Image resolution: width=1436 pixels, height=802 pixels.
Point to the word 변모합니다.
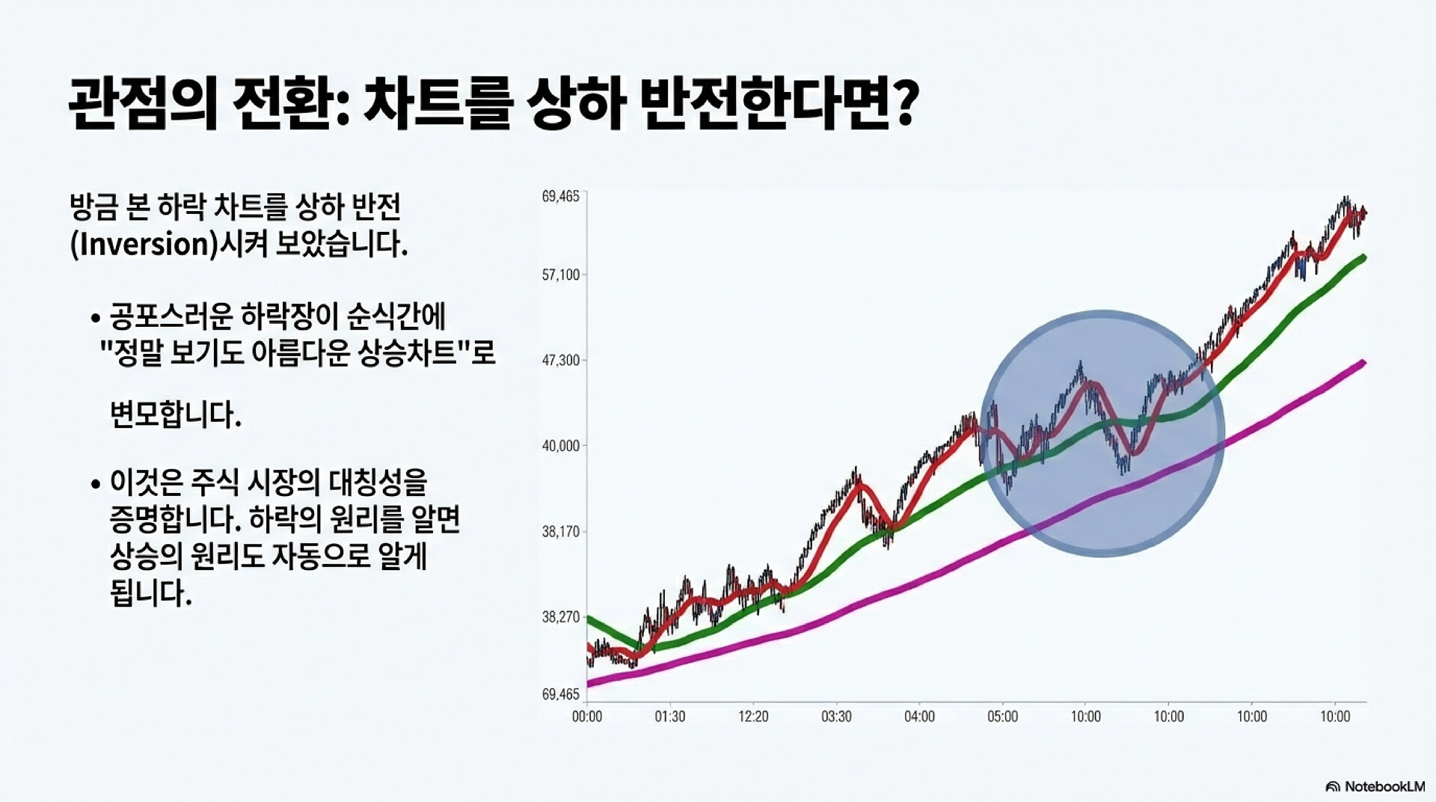point(176,414)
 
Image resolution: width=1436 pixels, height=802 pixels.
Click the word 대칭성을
point(378,483)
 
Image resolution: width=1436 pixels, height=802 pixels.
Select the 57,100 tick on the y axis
point(560,275)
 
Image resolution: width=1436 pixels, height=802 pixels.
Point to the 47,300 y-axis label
point(560,361)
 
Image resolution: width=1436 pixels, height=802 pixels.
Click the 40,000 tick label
point(560,446)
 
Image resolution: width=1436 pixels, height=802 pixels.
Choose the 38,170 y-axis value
point(560,532)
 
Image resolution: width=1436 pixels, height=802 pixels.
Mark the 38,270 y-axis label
point(560,617)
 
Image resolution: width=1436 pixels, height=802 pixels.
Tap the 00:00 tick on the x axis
point(587,717)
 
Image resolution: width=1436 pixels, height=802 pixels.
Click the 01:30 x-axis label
point(670,717)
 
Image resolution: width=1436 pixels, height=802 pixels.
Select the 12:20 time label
point(753,717)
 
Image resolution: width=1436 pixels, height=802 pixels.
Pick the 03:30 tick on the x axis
point(836,717)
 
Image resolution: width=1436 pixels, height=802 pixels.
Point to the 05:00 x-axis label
point(1003,717)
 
